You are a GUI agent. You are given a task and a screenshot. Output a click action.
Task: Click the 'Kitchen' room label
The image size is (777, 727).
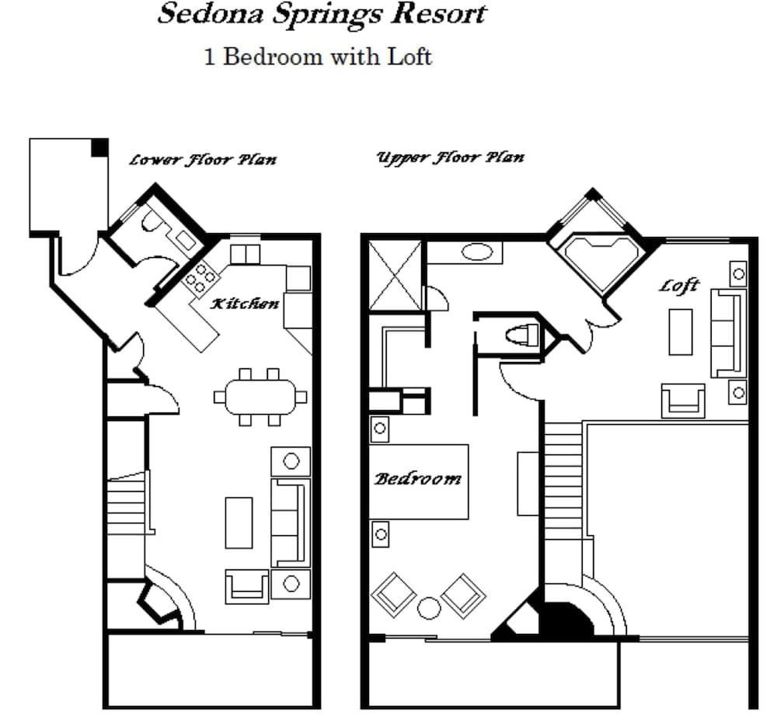(244, 303)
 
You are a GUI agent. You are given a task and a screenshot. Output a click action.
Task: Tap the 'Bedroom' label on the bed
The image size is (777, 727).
(417, 478)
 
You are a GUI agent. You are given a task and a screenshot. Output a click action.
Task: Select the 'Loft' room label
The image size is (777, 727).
(678, 285)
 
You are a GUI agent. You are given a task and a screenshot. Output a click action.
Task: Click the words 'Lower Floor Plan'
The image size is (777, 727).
(203, 159)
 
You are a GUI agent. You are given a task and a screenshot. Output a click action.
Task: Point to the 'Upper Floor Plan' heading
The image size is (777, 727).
(450, 157)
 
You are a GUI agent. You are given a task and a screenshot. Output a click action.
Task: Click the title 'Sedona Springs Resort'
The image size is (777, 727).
(322, 15)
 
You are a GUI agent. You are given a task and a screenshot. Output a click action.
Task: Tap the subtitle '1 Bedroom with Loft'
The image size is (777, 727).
(318, 56)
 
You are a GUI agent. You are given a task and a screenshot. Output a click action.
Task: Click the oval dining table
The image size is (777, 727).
(260, 396)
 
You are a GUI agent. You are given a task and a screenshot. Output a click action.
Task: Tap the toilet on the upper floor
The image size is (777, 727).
(522, 335)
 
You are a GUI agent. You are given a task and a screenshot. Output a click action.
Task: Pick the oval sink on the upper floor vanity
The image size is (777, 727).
(477, 252)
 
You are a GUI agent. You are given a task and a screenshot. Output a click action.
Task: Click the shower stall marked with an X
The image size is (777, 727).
(395, 276)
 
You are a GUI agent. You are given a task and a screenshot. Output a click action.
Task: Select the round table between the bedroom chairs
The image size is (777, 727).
(429, 608)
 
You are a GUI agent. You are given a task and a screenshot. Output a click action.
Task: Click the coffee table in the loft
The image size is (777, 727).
(681, 332)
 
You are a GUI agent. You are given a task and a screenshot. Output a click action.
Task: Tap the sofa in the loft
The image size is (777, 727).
(729, 333)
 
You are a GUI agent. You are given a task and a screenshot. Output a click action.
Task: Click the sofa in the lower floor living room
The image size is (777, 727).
(291, 523)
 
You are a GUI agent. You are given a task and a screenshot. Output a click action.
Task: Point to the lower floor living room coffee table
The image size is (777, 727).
(239, 523)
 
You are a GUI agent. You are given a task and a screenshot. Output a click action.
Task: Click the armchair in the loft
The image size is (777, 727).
(683, 401)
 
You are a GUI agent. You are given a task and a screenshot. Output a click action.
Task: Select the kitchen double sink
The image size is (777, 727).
(246, 255)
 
